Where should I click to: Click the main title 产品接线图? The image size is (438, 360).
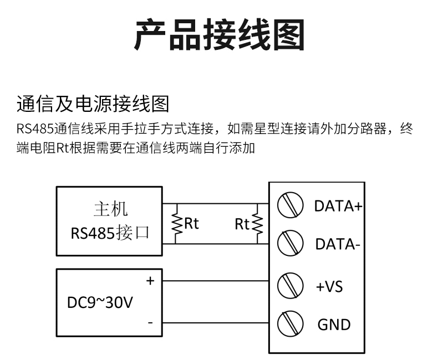point(220,34)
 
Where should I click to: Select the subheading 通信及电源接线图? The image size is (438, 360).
point(93,104)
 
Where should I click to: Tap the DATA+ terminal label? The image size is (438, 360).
point(338,206)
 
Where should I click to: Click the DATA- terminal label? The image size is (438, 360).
point(338,244)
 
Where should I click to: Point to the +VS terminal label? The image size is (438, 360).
point(329,286)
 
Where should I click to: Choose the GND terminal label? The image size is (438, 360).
point(334,325)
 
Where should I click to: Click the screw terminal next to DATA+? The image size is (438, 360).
point(290,205)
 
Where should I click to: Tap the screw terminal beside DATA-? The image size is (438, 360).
point(290,243)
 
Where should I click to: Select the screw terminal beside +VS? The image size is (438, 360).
point(290,285)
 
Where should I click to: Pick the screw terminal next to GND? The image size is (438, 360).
point(290,323)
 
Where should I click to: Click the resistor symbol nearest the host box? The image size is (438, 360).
point(176,224)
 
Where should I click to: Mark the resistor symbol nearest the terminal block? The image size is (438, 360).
point(257,224)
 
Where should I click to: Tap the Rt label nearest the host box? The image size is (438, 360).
point(192,223)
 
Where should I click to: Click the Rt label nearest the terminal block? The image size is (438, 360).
point(242,224)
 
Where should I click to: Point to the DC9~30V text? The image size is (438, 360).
point(100,302)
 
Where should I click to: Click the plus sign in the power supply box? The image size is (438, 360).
point(150,281)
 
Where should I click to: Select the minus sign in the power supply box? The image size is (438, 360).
point(150,323)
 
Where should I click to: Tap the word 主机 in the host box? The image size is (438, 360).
point(111,209)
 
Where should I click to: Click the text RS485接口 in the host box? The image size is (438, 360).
point(110,233)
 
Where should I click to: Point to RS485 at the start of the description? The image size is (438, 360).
point(35,129)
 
